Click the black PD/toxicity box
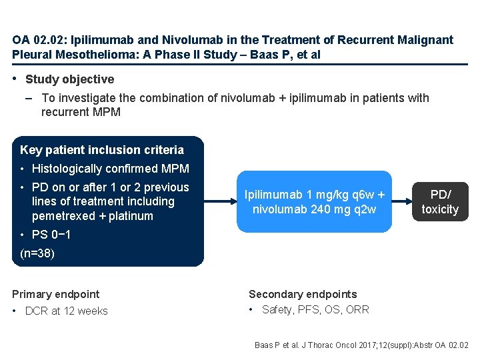[440, 202]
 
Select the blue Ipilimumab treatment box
[315, 202]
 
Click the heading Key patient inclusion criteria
[102, 150]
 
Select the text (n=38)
[37, 253]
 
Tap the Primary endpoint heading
[56, 294]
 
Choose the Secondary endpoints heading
[303, 294]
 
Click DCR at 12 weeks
[66, 311]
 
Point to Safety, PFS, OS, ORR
[315, 309]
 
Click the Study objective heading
[69, 79]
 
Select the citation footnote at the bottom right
[361, 345]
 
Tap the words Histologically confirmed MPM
[111, 169]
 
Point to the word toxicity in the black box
[440, 209]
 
